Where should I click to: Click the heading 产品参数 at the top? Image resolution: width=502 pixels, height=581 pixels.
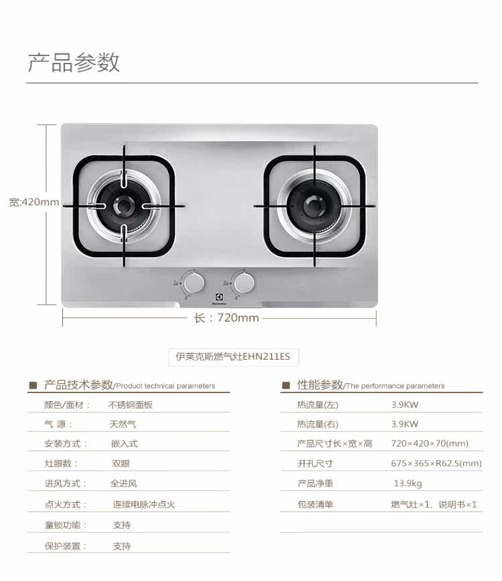(74, 63)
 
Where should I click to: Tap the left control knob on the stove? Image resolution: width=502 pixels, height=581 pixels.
(194, 283)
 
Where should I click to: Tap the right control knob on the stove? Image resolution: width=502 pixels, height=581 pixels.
(244, 283)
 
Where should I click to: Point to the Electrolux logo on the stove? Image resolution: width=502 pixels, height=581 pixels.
(219, 299)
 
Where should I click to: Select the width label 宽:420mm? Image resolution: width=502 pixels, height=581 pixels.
(34, 201)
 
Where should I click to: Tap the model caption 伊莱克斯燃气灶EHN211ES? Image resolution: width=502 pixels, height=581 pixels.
(232, 357)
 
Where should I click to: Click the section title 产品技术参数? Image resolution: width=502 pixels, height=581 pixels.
(78, 385)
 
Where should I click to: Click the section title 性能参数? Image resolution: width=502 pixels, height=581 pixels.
(320, 385)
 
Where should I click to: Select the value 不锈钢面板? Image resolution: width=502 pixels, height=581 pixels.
(131, 404)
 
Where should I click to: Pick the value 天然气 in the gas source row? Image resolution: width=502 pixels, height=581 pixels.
(123, 424)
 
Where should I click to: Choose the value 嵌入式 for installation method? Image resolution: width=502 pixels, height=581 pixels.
(124, 443)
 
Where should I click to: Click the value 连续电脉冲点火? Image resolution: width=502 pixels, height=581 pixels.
(143, 505)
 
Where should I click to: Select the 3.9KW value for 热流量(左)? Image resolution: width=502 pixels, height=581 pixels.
(405, 404)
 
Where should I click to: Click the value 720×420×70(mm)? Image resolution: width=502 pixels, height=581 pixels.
(430, 443)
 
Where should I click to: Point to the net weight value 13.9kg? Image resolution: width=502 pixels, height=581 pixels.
(408, 483)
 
